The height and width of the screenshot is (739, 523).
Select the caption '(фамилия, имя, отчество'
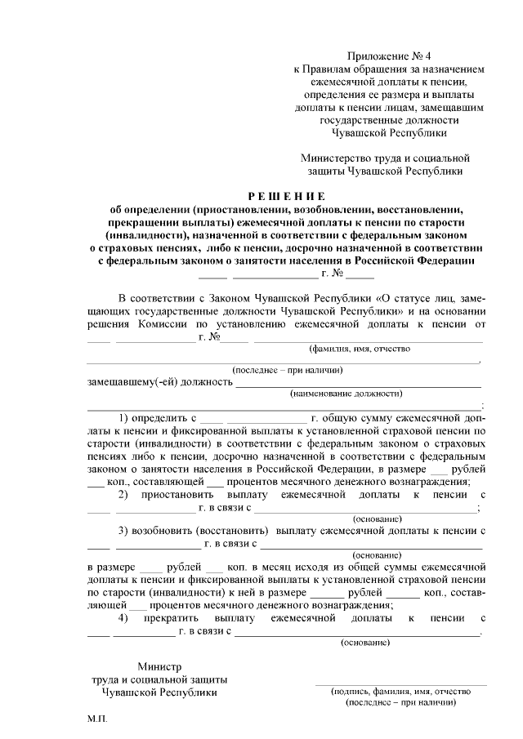(x=359, y=349)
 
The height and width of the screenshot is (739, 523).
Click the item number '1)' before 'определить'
(x=126, y=417)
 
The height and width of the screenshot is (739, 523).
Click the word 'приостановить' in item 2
(x=179, y=495)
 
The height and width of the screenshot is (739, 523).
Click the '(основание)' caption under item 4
(x=365, y=642)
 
